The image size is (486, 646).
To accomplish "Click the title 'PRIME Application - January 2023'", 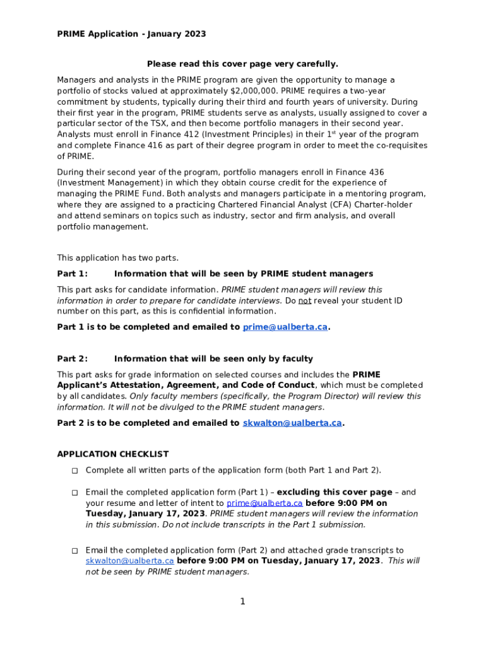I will [131, 34].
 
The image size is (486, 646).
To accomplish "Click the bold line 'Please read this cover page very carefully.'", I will [242, 64].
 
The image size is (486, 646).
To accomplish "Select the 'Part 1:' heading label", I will [73, 274].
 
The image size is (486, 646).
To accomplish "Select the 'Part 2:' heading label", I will [73, 359].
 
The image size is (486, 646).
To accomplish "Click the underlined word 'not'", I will [305, 301].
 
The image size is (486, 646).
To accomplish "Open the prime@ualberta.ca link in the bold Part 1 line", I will [285, 327].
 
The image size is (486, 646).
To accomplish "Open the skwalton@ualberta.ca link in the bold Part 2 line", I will [292, 423].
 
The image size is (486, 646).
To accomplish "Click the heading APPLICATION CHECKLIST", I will [113, 454].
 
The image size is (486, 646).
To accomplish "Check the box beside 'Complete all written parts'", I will [74, 471].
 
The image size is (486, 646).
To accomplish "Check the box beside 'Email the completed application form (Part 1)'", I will [74, 493].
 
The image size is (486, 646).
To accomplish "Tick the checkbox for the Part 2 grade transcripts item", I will [74, 551].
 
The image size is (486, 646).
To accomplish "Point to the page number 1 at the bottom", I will [242, 601].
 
